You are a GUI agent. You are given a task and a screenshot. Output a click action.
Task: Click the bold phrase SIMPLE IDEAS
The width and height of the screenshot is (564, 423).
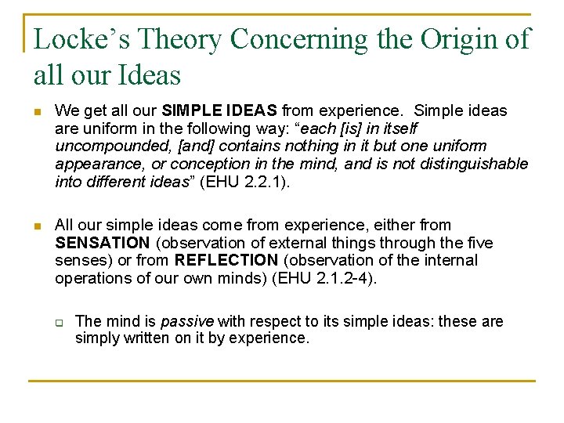[220, 111]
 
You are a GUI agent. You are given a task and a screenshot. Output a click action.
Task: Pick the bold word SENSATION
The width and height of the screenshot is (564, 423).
[103, 243]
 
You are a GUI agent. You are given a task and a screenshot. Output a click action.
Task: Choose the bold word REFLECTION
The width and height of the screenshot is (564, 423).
[226, 260]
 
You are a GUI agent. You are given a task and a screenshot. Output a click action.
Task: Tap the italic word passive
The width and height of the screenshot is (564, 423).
[188, 321]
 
